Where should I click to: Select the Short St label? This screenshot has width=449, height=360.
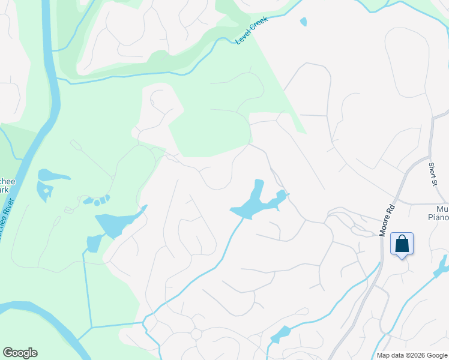pyautogui.click(x=432, y=173)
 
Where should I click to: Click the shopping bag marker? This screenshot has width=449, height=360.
pyautogui.click(x=402, y=245)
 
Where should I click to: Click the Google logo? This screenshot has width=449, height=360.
pyautogui.click(x=20, y=353)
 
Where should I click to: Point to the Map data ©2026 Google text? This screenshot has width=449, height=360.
pyautogui.click(x=411, y=355)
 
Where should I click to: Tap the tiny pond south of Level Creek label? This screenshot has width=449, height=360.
pyautogui.click(x=303, y=22)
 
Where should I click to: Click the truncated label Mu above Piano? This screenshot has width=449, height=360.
pyautogui.click(x=442, y=208)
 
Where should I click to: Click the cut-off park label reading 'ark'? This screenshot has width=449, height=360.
pyautogui.click(x=4, y=190)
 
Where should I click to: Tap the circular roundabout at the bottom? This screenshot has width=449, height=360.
pyautogui.click(x=196, y=334)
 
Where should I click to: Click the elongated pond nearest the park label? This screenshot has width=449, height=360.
pyautogui.click(x=53, y=175)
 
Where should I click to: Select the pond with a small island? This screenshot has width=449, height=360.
pyautogui.click(x=44, y=190)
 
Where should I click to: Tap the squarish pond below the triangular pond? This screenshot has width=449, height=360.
pyautogui.click(x=94, y=243)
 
